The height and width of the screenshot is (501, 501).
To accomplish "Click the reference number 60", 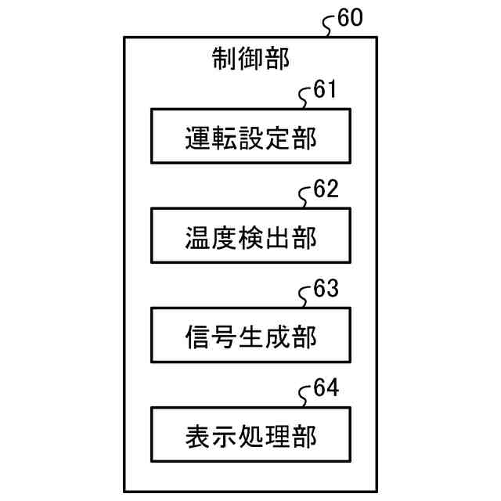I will point(350,18).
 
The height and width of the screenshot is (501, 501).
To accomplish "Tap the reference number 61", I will point(324,90).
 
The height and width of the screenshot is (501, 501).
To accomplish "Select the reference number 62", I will point(325,189).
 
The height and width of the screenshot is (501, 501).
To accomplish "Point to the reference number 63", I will point(325,289).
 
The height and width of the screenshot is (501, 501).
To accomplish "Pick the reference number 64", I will point(325,388).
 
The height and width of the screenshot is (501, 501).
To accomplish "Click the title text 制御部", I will point(250,58).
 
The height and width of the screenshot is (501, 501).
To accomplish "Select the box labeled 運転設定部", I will point(250,136).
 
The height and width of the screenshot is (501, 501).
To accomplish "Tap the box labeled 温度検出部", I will point(250,236).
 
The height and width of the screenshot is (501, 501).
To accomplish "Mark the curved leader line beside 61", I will point(306,98).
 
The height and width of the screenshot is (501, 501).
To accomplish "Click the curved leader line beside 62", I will point(306,197).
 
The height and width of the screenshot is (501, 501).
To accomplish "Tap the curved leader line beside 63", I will point(306,297).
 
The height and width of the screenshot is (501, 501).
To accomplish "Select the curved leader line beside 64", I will point(306,396).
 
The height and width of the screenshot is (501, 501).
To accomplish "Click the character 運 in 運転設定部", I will point(198,137).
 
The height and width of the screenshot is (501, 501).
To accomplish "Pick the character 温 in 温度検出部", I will point(198,236).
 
